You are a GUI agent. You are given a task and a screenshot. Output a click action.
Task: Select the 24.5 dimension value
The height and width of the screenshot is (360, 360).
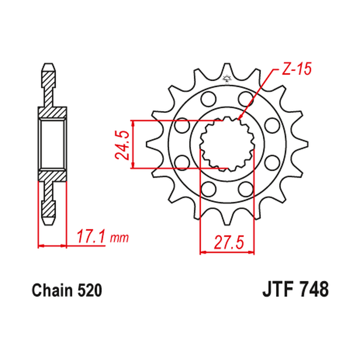(122, 145)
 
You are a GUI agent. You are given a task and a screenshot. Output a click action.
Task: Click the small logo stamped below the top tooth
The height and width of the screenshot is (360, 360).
(226, 79)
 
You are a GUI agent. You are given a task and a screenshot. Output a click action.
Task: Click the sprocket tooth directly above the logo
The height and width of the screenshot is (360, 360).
(226, 69)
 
